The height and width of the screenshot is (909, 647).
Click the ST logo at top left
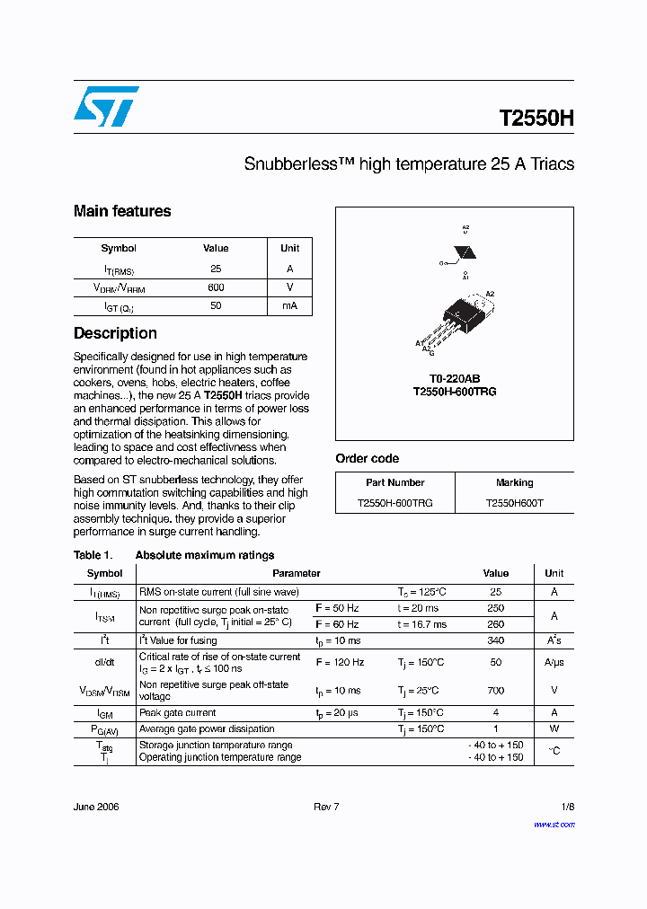pos(106,106)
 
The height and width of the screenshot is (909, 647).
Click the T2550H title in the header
pos(536,119)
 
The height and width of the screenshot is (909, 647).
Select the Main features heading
pos(122,211)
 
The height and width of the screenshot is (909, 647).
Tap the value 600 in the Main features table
pos(216,287)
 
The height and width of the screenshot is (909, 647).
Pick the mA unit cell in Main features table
pos(289,306)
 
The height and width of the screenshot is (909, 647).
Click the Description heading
pos(115,333)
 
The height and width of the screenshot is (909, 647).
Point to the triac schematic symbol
pos(465,252)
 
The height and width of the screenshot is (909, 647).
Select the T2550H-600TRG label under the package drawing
pos(455,392)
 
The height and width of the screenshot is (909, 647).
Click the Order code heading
pos(368,458)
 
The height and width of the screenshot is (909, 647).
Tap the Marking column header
pos(514,482)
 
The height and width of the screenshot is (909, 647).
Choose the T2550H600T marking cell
pos(514,503)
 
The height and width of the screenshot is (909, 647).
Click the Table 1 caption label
pos(93,555)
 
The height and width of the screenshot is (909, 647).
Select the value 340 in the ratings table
pos(495,640)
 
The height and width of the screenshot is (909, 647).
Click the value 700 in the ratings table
pos(495,691)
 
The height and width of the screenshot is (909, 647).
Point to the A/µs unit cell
pos(554,662)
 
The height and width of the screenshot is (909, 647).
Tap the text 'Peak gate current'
pos(177,713)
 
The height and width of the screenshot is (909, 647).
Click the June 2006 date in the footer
pos(96,807)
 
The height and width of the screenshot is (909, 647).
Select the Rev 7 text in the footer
pos(326,807)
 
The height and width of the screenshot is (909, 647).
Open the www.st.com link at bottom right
pos(554,824)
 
